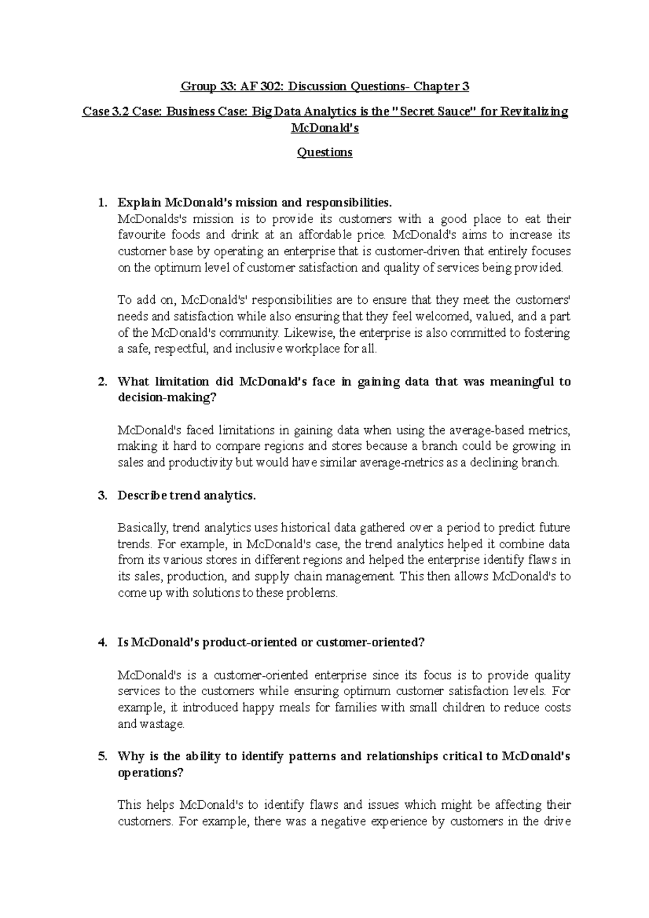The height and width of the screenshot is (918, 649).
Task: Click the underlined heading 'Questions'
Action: tap(325, 152)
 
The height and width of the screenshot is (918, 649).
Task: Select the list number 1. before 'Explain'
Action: tap(102, 203)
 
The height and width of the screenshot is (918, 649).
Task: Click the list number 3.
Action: tap(102, 496)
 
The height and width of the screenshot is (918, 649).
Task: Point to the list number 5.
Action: tap(102, 756)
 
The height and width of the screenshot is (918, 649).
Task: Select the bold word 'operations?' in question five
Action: tap(151, 773)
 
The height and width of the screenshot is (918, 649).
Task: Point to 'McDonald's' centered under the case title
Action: tap(325, 129)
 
